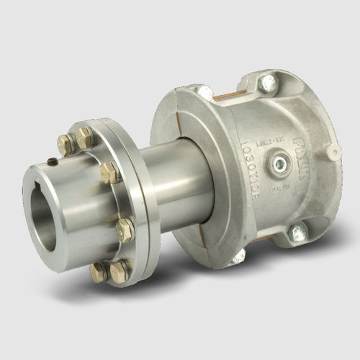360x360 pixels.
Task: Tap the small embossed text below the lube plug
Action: pyautogui.click(x=277, y=192)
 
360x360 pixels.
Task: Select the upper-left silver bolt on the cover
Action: pyautogui.click(x=205, y=91)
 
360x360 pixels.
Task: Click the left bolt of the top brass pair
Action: pyautogui.click(x=67, y=144)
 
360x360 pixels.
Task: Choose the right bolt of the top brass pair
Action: pyautogui.click(x=85, y=137)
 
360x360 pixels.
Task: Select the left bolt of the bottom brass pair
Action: pyautogui.click(x=99, y=273)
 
